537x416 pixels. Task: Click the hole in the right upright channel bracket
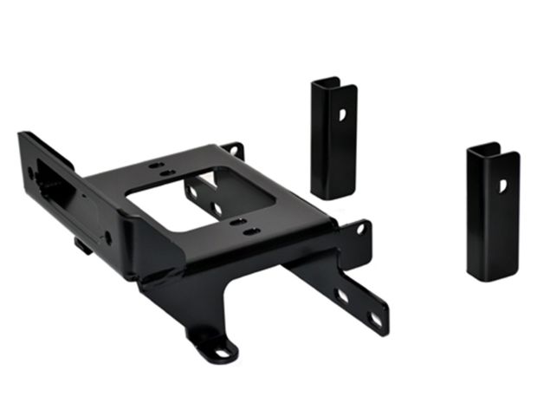(x=502, y=185)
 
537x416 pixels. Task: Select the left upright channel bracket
(x=333, y=139)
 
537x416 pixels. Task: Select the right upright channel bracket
(x=492, y=211)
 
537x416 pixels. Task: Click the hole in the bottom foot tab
(x=221, y=351)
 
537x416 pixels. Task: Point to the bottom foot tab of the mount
(x=213, y=347)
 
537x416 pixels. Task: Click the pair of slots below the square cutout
(x=243, y=227)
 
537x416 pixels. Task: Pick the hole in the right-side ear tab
(x=357, y=231)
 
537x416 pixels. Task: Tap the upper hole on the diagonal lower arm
(x=344, y=296)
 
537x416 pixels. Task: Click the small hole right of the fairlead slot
(x=107, y=236)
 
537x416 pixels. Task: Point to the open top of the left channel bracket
(x=327, y=82)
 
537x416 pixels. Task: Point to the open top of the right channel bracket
(x=485, y=148)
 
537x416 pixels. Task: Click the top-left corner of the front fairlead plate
(x=22, y=134)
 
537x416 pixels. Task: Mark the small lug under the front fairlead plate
(x=82, y=246)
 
